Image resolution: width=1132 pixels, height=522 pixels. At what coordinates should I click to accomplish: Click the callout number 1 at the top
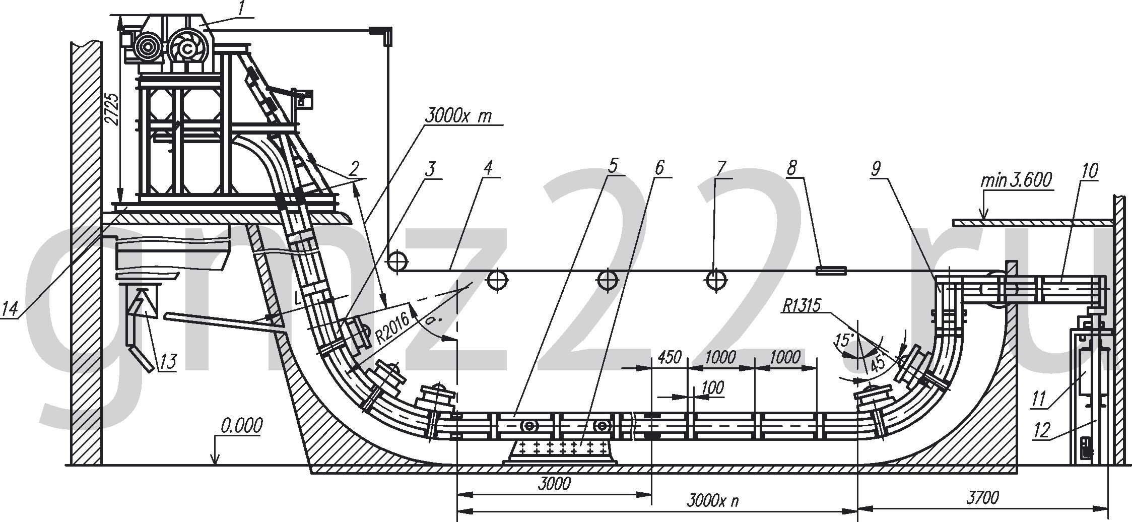242,9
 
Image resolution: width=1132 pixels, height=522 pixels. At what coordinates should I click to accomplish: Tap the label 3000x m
457,116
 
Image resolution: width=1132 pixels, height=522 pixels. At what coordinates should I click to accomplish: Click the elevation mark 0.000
241,426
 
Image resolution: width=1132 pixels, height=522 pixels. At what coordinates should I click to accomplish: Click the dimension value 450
670,357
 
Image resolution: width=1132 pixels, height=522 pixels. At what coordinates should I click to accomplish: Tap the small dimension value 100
712,387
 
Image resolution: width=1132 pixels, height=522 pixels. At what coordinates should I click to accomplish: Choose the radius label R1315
802,305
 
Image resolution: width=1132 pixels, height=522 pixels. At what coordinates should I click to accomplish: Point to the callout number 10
1090,171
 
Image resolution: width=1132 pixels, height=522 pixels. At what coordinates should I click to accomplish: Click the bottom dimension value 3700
982,498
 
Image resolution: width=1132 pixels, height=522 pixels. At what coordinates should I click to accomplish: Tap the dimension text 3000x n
712,501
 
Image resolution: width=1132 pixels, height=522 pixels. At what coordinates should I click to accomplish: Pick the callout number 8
792,168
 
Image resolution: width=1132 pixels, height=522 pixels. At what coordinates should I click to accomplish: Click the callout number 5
612,166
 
